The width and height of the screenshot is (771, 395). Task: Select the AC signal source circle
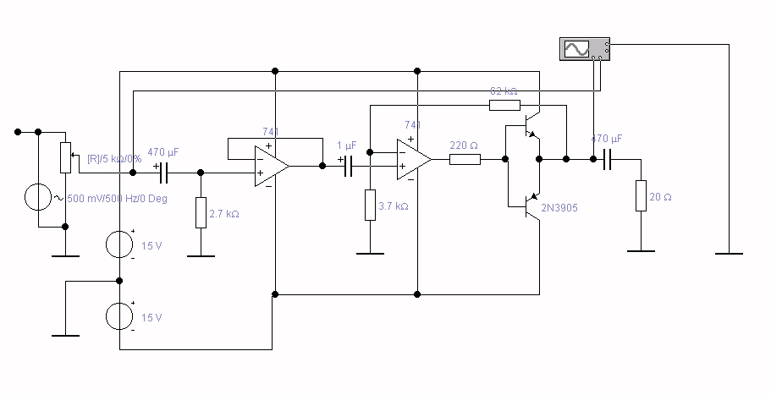[39, 199]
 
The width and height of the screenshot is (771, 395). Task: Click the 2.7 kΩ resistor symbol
[201, 212]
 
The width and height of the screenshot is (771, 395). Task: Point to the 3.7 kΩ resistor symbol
[370, 206]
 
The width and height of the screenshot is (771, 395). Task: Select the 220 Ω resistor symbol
[465, 159]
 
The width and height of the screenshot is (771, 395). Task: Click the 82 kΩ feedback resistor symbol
[504, 105]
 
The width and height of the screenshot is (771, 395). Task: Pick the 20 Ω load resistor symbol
[641, 195]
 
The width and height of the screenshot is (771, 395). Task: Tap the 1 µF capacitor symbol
[346, 166]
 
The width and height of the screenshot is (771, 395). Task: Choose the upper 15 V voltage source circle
[120, 244]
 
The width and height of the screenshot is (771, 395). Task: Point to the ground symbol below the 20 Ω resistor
[641, 251]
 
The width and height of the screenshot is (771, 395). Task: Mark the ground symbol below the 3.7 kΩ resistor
[370, 253]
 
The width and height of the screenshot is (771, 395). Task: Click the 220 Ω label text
[464, 145]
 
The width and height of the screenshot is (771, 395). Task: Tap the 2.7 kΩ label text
[223, 214]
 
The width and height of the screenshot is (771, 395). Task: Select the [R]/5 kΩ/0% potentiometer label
[114, 158]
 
